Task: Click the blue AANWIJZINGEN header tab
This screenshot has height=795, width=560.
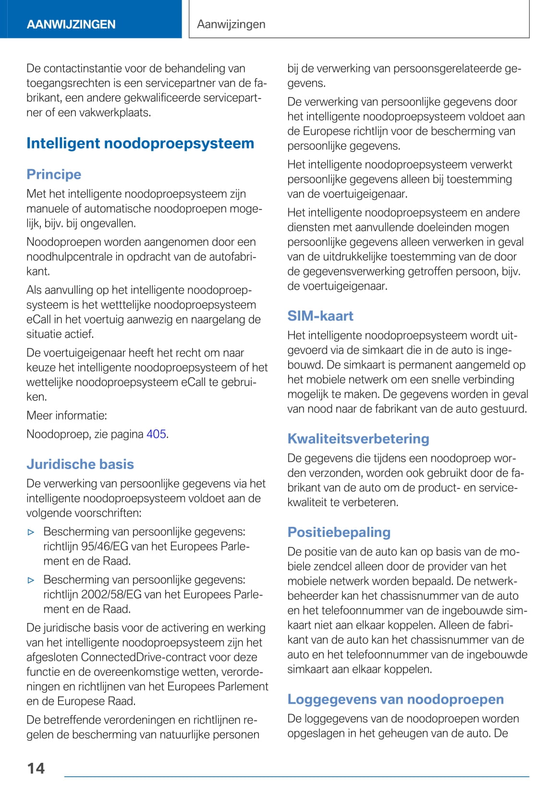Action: point(71,24)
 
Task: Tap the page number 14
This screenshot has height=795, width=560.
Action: point(36,768)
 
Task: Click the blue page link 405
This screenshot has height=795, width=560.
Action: point(156,434)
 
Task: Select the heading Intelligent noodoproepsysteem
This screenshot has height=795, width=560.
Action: point(140,143)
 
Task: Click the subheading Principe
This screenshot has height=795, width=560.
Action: point(54,174)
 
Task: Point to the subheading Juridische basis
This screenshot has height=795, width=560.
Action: point(80,464)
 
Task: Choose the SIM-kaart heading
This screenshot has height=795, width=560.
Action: point(320,316)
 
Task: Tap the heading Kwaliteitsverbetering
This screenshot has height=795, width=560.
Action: point(358,438)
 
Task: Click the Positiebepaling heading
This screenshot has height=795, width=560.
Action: point(339,532)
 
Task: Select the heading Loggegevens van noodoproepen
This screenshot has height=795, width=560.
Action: point(396,699)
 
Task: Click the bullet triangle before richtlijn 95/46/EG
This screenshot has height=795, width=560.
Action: point(31,532)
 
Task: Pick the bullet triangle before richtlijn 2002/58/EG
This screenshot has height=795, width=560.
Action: point(31,580)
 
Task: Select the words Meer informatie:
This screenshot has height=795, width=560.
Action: point(67,415)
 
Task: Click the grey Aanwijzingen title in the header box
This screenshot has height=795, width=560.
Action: point(231,24)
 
